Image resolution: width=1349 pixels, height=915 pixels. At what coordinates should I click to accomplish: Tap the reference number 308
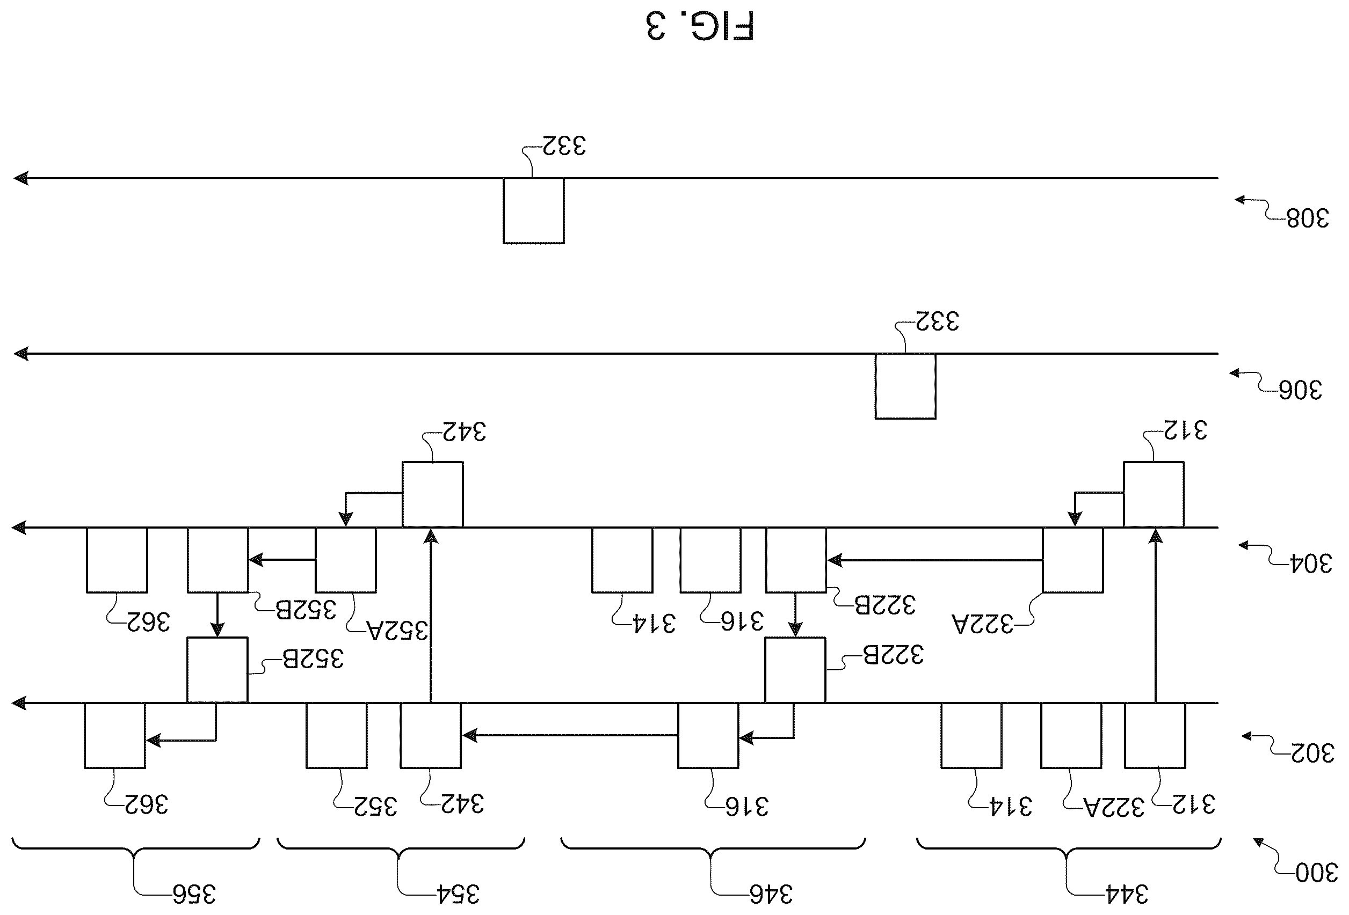(x=1307, y=218)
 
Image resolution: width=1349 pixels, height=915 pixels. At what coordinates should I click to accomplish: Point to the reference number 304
(x=1311, y=563)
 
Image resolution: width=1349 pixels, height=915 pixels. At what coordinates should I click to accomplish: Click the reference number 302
(x=1312, y=752)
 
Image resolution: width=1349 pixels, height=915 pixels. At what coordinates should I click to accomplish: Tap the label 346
(x=771, y=894)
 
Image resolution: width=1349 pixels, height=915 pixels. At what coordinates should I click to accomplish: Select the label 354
(x=458, y=894)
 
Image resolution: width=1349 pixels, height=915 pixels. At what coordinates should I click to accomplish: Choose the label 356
(x=194, y=894)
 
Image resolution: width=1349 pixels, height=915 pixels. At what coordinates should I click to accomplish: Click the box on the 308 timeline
(x=533, y=210)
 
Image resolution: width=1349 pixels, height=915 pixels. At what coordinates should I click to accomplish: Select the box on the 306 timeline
(x=905, y=386)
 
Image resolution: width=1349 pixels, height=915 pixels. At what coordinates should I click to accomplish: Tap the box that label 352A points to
(x=345, y=560)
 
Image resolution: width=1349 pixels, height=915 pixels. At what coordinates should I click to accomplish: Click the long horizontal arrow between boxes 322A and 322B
(x=934, y=560)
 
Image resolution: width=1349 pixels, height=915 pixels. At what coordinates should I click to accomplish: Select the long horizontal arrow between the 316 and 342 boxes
(x=570, y=736)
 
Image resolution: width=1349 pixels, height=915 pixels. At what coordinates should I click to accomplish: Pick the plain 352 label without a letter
(x=375, y=806)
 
